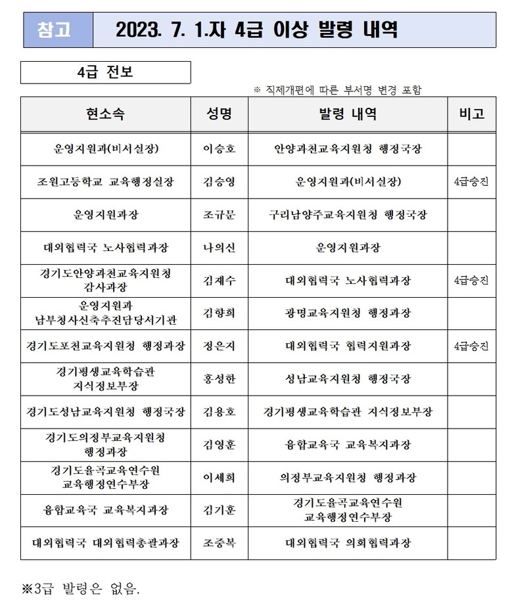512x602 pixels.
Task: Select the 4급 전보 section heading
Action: pyautogui.click(x=105, y=72)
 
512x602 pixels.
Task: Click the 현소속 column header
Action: pyautogui.click(x=105, y=114)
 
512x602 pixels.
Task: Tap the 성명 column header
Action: pyautogui.click(x=220, y=114)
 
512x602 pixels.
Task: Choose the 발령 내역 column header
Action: pyautogui.click(x=348, y=114)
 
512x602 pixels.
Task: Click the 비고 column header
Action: pyautogui.click(x=471, y=114)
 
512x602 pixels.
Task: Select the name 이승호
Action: pyautogui.click(x=220, y=149)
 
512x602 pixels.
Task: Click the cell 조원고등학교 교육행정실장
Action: pyautogui.click(x=105, y=181)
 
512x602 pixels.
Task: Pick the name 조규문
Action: pyautogui.click(x=220, y=214)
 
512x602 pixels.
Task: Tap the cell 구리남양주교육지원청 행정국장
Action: pyautogui.click(x=348, y=214)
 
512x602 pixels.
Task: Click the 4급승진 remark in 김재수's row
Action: pyautogui.click(x=471, y=280)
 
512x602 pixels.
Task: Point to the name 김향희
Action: pyautogui.click(x=220, y=313)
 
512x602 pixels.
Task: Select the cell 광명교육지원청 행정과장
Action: pyautogui.click(x=348, y=313)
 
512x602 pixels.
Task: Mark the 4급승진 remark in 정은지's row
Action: pyautogui.click(x=471, y=346)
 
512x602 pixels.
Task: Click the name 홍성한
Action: pyautogui.click(x=220, y=379)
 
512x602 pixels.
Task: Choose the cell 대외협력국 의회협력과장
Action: pyautogui.click(x=348, y=544)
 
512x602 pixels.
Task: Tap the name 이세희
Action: pyautogui.click(x=220, y=478)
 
